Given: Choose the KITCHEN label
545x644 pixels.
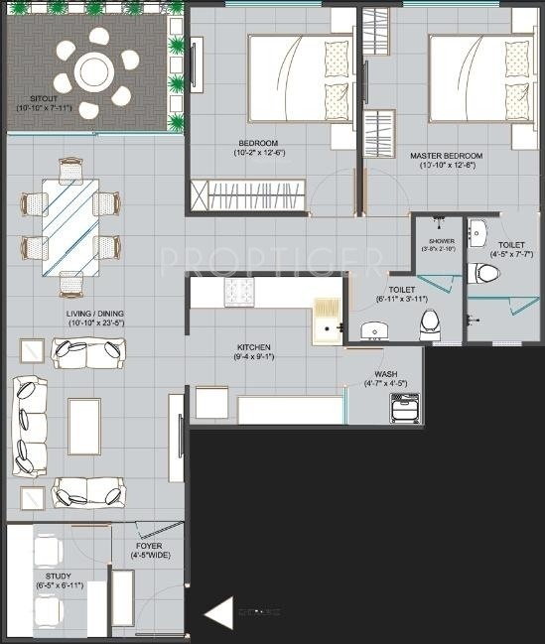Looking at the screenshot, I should click(253, 352).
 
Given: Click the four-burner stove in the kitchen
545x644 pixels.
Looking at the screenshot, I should click(239, 291).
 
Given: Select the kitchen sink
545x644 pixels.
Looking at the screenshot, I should click(328, 319).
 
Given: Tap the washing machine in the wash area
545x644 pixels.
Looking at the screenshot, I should click(405, 407).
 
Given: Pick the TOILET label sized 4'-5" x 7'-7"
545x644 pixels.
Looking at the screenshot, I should click(512, 248).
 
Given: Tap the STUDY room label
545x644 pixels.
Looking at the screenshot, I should click(58, 580).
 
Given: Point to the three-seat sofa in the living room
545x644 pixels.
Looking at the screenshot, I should click(29, 427).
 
